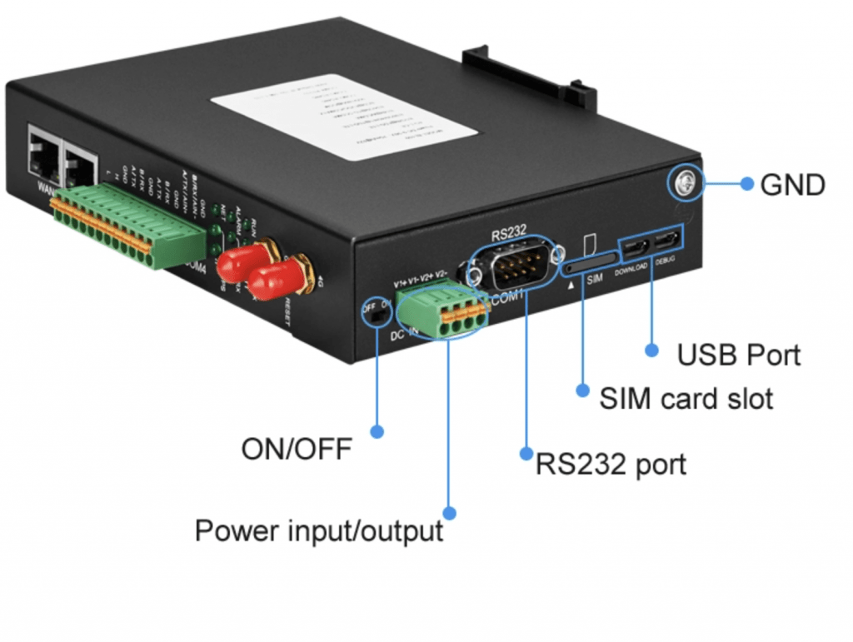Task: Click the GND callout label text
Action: (x=792, y=185)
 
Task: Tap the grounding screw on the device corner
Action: (x=685, y=186)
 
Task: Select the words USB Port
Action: (x=738, y=355)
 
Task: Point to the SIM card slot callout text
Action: (x=686, y=398)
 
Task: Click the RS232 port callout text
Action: (x=611, y=463)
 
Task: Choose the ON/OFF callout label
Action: (x=297, y=450)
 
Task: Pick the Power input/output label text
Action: (x=319, y=530)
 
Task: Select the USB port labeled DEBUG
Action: (x=666, y=241)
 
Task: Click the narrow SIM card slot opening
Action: (x=587, y=266)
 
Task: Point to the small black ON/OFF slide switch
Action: (x=379, y=315)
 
